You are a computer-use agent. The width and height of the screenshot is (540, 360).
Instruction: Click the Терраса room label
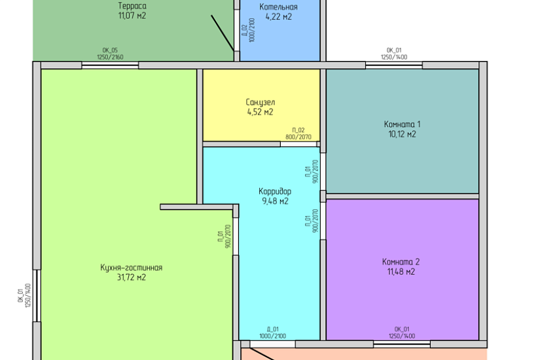[x=132, y=6]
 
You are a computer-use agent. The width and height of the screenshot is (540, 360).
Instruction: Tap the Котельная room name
[x=278, y=7]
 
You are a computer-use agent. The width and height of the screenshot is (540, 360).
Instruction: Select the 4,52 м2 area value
[x=260, y=112]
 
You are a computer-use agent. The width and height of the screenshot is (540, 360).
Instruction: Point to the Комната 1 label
[x=402, y=124]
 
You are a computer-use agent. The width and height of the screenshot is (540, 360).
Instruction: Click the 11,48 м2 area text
[x=401, y=272]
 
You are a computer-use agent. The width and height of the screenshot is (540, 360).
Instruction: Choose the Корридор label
[x=275, y=191]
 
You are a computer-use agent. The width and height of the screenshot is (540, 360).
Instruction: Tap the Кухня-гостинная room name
[x=131, y=268]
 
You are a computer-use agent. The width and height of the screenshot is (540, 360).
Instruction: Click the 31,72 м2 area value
[x=131, y=277]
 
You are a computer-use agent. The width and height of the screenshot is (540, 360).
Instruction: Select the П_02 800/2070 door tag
[x=298, y=134]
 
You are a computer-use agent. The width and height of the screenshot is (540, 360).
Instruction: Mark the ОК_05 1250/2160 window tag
[x=110, y=54]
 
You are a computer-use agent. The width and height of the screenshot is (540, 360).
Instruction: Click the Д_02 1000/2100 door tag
[x=249, y=30]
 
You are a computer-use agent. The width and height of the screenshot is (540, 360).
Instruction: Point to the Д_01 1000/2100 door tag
[x=273, y=333]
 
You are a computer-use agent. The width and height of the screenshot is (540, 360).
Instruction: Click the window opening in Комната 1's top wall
[x=394, y=65]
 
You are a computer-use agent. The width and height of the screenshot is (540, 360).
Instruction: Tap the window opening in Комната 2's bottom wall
[x=402, y=344]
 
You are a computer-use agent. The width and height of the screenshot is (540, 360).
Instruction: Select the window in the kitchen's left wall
[x=37, y=296]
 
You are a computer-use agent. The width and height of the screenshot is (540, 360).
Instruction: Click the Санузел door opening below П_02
[x=298, y=145]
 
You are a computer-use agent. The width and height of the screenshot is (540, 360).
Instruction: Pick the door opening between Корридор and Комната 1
[x=323, y=171]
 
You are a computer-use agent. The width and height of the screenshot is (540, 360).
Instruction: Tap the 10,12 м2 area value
[x=402, y=134]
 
